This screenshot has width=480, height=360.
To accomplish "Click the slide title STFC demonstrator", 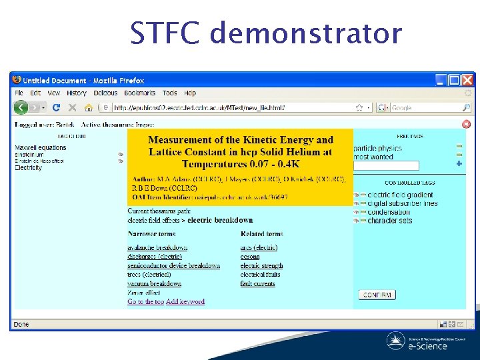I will [x=266, y=33].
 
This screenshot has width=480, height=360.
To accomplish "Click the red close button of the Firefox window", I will [x=468, y=80].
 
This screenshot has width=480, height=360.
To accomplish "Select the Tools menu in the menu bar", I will [x=170, y=93].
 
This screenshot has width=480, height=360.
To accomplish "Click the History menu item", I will [x=77, y=93].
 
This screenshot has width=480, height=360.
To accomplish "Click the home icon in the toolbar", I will [x=88, y=107].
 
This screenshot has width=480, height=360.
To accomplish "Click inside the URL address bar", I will [x=233, y=107].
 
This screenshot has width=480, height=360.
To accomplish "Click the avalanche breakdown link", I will [x=157, y=248].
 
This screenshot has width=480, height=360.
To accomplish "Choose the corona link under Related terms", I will [x=250, y=257].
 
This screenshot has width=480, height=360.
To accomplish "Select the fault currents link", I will [x=257, y=284].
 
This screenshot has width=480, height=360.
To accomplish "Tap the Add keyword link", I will [x=185, y=302].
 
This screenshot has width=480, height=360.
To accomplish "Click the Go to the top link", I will [x=145, y=302].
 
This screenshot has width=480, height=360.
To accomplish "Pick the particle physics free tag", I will [x=377, y=148].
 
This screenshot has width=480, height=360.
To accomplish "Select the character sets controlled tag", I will [x=390, y=221].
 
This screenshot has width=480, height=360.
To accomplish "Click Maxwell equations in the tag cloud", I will [x=41, y=147].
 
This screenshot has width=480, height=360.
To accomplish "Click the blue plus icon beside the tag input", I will [x=459, y=163].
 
